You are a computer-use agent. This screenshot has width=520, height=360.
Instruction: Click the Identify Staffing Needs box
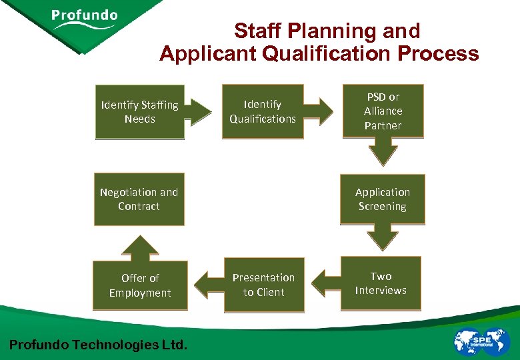[139, 111]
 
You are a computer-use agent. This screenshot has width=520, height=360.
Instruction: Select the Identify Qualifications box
[263, 111]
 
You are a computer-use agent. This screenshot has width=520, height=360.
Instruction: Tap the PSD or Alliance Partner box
[383, 111]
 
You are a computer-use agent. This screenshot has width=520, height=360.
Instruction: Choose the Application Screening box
[383, 199]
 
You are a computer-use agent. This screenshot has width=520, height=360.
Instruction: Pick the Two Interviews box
[381, 283]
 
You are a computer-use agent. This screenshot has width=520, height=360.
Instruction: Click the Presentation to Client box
[263, 285]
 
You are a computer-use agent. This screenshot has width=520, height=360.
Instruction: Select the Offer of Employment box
[140, 285]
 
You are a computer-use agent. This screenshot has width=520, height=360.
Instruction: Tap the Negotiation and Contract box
[139, 199]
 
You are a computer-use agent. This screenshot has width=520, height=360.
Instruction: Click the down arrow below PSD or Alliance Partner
[383, 153]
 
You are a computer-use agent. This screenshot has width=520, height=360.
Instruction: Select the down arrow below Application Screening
[383, 238]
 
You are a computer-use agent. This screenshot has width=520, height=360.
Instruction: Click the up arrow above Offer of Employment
[140, 246]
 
